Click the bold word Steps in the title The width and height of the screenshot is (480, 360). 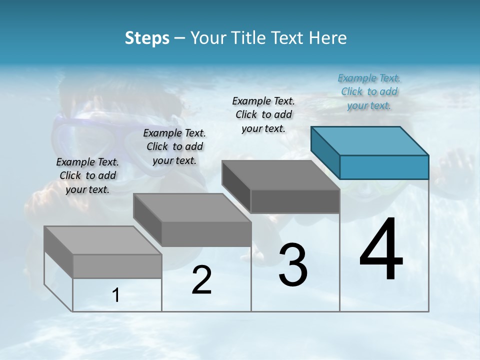click(146, 38)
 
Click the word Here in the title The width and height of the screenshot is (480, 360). click(327, 38)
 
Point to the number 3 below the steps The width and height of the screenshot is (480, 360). click(292, 265)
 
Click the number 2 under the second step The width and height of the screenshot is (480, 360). click(201, 280)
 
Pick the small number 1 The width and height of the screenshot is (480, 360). click(116, 295)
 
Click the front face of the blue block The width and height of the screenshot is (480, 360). click(384, 167)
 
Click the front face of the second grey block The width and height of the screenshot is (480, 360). click(206, 234)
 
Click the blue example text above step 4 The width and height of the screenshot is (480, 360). click(369, 91)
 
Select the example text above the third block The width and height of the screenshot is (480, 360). click(263, 114)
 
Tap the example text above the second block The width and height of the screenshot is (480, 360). click(174, 146)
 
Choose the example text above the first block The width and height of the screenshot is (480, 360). click(87, 175)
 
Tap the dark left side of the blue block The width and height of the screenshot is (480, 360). click(325, 152)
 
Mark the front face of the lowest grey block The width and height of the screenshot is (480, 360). click(117, 266)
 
